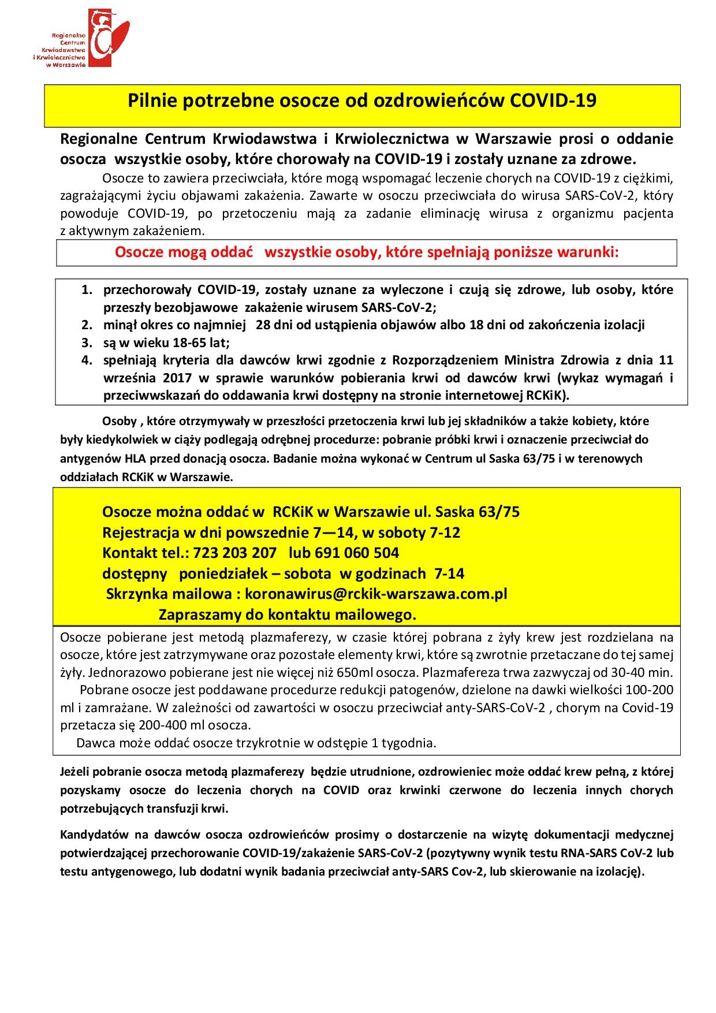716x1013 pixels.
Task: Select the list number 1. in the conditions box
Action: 87,289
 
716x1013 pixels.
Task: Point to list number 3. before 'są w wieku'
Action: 87,342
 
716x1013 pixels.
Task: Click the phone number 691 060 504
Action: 357,553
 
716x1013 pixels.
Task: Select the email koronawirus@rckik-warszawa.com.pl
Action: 376,594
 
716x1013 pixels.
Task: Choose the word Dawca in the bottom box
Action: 95,743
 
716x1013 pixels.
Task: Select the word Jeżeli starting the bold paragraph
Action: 74,772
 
